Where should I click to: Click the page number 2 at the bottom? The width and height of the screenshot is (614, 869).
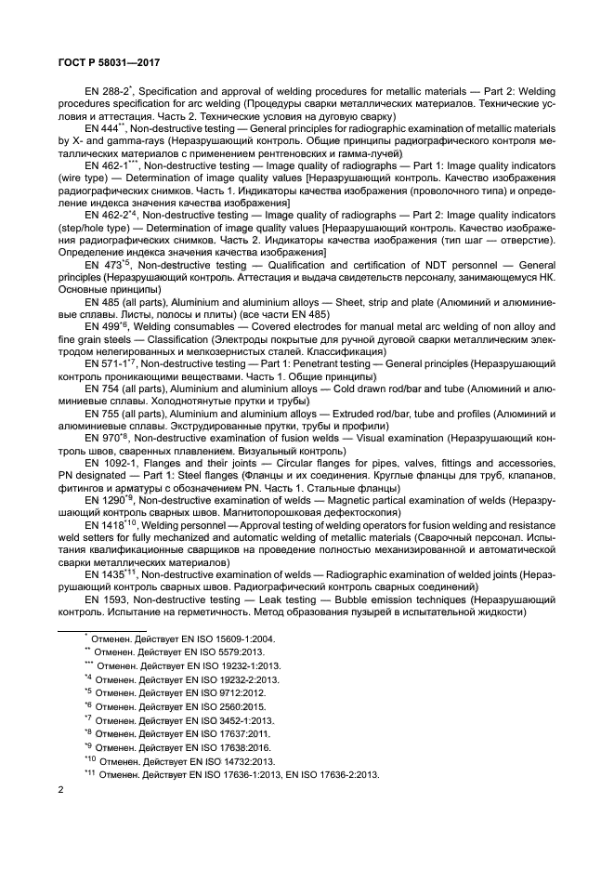tap(58, 790)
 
